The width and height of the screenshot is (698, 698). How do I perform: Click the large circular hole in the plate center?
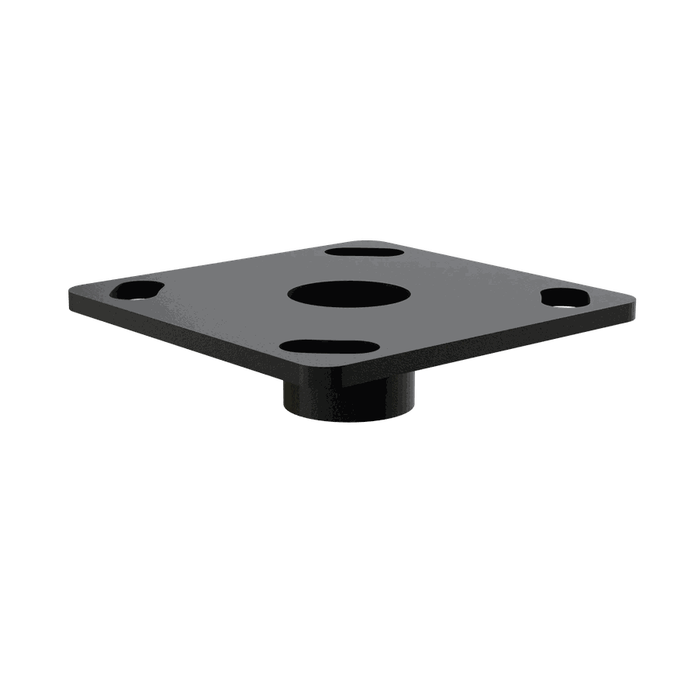pos(348,295)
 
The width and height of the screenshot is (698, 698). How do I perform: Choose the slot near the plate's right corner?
pos(565,298)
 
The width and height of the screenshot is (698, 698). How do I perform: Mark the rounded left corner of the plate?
pos(74,292)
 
